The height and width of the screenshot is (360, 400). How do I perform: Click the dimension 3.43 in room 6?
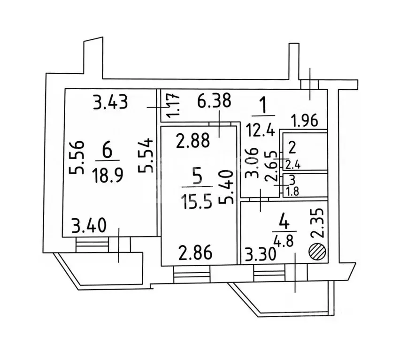click(x=110, y=102)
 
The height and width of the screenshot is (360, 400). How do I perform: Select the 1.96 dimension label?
click(x=306, y=121)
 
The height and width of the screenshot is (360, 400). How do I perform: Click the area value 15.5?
click(x=197, y=202)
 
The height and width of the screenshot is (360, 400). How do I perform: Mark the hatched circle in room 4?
click(x=316, y=251)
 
